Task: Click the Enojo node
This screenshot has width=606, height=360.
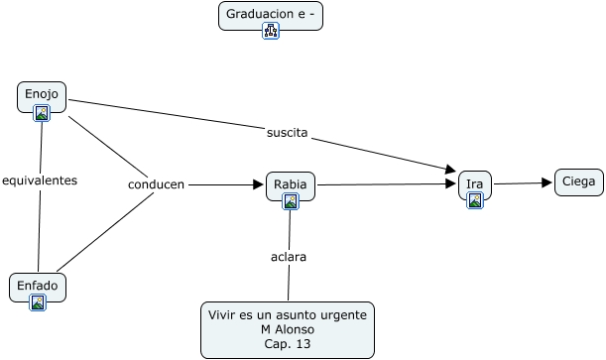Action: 42,97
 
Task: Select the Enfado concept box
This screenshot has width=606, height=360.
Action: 38,288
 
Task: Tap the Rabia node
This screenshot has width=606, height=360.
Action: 291,186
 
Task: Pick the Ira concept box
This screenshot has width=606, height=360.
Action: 475,185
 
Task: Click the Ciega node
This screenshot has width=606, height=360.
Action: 579,181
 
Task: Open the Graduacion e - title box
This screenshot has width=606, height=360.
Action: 271,16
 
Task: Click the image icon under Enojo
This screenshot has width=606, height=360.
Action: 42,113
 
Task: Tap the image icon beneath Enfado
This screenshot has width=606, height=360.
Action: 38,302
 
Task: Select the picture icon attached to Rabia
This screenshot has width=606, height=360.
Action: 291,201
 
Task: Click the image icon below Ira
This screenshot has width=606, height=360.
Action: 475,200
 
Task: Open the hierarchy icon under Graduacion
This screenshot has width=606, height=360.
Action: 271,31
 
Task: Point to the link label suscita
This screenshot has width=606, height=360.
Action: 288,133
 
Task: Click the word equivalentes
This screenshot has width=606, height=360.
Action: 40,180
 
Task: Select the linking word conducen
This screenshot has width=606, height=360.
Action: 156,184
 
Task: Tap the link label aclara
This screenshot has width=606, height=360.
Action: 289,257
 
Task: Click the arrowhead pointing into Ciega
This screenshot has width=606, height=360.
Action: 546,182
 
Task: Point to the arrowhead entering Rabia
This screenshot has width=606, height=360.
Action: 258,184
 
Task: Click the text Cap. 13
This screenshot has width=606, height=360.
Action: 288,344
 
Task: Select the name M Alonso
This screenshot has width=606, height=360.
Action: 288,329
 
